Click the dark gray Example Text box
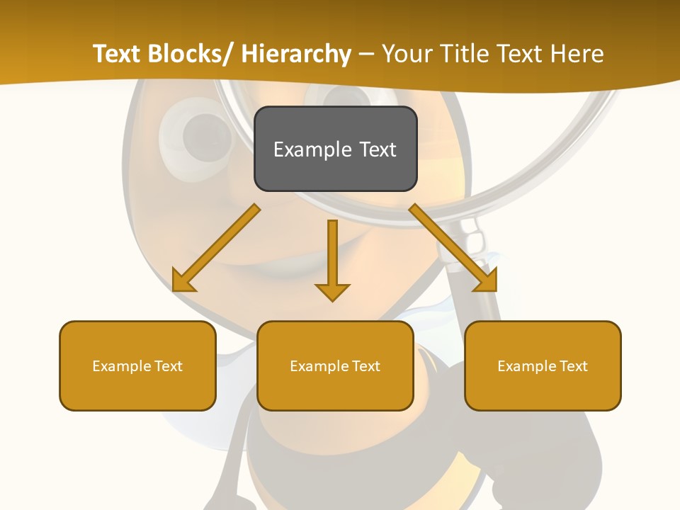(335, 149)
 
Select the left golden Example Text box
(137, 365)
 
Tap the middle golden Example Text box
(335, 365)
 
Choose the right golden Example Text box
(543, 365)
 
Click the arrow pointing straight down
(332, 259)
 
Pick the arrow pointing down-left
(216, 249)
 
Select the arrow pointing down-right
(454, 249)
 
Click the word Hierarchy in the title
(296, 54)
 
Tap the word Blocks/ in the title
(193, 54)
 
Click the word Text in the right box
(574, 366)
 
